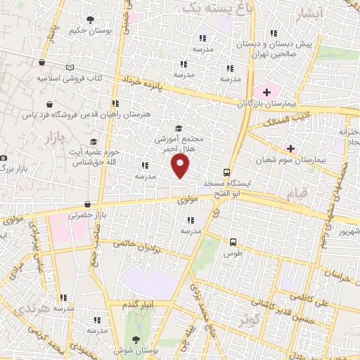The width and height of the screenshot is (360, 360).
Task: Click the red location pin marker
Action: tap(181, 165)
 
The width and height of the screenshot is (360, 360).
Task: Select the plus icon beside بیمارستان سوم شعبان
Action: tap(290, 148)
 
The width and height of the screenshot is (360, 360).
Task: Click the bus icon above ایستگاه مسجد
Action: tap(226, 173)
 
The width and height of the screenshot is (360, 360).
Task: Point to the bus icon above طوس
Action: tap(233, 242)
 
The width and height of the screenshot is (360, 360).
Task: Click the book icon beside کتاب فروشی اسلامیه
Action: tap(69, 67)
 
